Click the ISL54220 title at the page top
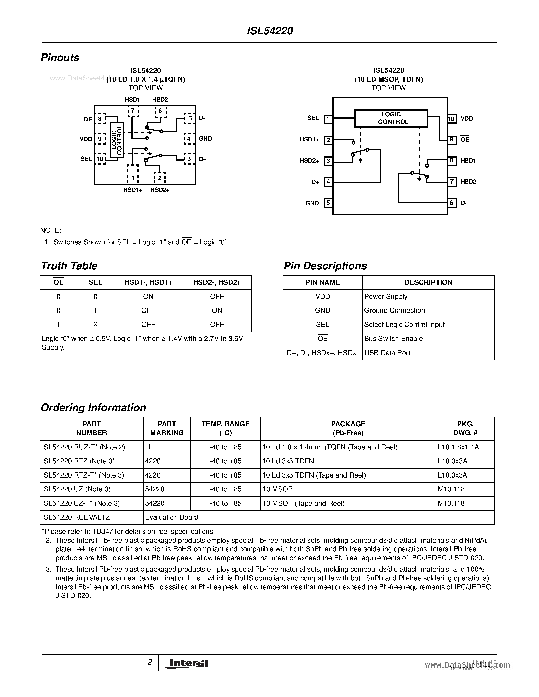[x=270, y=31]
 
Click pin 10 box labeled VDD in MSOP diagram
[x=451, y=119]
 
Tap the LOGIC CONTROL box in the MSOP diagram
[x=391, y=118]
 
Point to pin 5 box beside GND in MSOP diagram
[x=328, y=203]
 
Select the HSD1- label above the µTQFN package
[x=133, y=100]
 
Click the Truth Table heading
[x=69, y=266]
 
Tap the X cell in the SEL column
[x=95, y=325]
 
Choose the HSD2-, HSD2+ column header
[x=217, y=282]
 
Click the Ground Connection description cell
[x=395, y=310]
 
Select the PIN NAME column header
[x=322, y=282]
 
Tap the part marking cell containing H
[x=148, y=447]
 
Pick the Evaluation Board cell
[x=172, y=517]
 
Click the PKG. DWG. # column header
[x=465, y=428]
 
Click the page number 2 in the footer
[x=149, y=662]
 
